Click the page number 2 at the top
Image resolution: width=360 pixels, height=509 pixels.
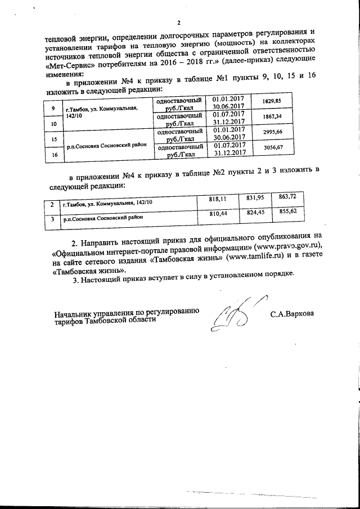tap(179, 23)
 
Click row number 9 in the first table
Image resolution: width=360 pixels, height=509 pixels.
tap(53, 107)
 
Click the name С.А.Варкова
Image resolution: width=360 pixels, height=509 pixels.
tap(292, 314)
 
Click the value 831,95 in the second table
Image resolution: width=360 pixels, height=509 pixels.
tap(255, 197)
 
